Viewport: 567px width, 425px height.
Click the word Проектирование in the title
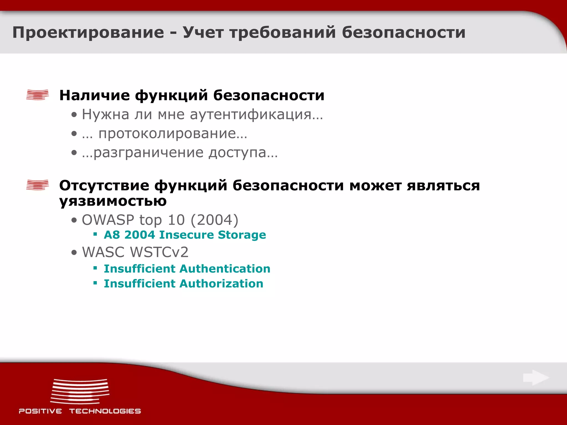click(88, 33)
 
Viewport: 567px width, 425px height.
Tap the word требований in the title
click(282, 33)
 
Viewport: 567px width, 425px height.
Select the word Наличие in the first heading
click(94, 95)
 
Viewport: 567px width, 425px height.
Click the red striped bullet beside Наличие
click(37, 95)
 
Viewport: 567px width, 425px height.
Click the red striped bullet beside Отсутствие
click(37, 185)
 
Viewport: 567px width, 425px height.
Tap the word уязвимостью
click(113, 201)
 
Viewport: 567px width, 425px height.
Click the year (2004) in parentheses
click(214, 220)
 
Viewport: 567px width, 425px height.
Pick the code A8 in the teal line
click(112, 235)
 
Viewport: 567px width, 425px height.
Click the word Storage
click(242, 235)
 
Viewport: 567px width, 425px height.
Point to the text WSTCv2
click(159, 252)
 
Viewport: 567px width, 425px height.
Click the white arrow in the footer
click(536, 378)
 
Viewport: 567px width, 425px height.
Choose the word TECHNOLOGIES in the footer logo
click(105, 411)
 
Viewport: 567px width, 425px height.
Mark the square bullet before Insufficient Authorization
click(95, 283)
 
